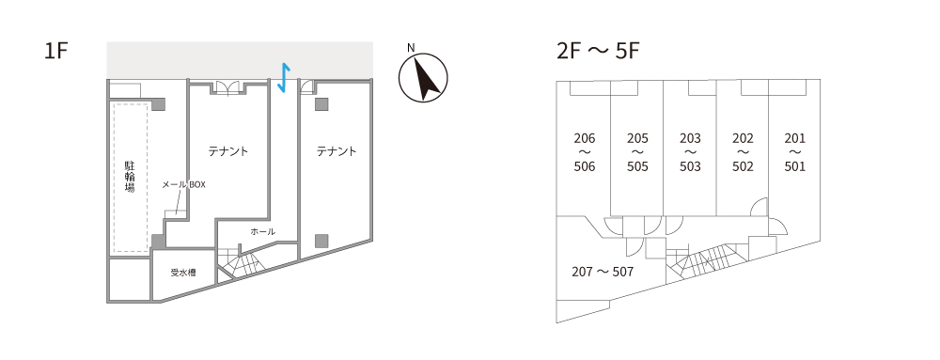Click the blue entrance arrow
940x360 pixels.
284,78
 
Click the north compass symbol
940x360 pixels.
423,78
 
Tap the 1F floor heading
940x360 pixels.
56,52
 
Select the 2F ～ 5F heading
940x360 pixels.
598,52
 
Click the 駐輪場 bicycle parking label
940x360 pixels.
130,176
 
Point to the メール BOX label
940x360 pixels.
184,185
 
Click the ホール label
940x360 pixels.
262,231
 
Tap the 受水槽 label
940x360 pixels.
183,273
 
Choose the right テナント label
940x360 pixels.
337,151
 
